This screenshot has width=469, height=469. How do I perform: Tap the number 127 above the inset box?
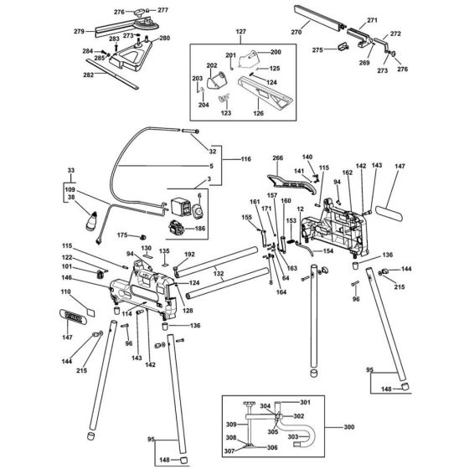click(x=242, y=32)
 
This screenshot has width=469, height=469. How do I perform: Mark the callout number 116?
click(x=246, y=159)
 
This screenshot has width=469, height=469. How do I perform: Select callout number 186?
click(x=200, y=228)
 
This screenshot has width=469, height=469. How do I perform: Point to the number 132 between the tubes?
click(x=218, y=274)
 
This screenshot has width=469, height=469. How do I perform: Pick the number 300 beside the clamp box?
click(x=349, y=427)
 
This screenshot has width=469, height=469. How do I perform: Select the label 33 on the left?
click(x=70, y=170)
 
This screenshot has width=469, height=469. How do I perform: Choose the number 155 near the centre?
click(x=246, y=218)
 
